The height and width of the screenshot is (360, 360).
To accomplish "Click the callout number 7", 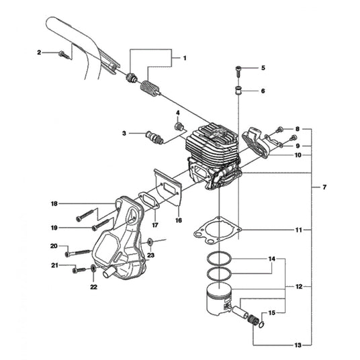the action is (324, 187).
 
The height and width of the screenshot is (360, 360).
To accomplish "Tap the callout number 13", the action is (298, 345).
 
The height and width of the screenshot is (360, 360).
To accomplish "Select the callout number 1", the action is (185, 58).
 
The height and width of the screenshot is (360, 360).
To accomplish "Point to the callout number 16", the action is (179, 220).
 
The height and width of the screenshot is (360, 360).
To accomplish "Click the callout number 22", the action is (93, 287).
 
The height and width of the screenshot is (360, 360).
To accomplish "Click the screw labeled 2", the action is (64, 55).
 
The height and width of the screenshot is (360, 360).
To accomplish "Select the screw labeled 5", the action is (238, 71).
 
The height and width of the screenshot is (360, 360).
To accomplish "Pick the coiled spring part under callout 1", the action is (150, 87).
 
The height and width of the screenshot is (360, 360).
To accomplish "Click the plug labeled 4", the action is (179, 127).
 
